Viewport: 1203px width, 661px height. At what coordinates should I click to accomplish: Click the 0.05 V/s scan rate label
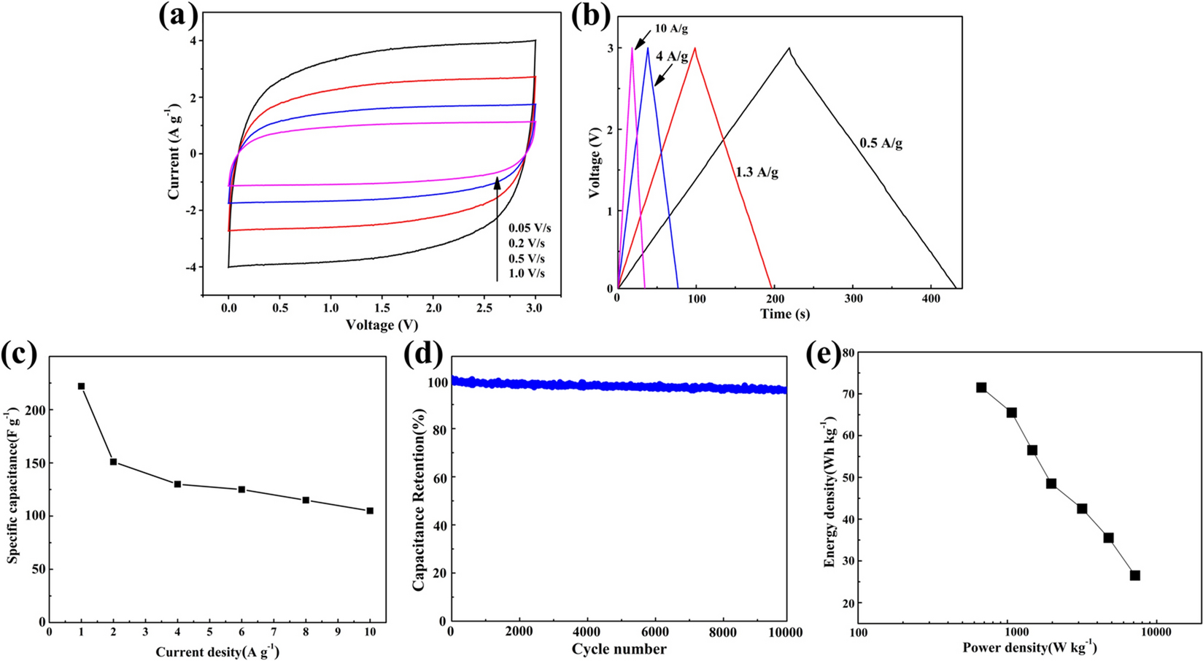530,228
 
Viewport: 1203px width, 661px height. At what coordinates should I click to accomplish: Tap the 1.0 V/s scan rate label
527,274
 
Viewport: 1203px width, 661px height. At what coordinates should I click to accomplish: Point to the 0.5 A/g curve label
881,144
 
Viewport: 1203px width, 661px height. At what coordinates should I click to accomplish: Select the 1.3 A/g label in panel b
757,173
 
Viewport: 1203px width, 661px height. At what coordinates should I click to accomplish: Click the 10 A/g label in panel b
671,29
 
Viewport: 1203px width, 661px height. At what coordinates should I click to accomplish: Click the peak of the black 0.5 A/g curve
789,48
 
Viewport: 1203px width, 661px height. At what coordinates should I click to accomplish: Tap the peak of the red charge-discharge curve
695,48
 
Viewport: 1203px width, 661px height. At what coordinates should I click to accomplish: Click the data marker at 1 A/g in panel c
81,386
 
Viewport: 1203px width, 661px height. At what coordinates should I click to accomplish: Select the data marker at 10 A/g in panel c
370,511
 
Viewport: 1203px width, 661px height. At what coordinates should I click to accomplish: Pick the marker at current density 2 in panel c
113,462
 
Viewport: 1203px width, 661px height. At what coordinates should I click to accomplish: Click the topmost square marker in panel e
981,387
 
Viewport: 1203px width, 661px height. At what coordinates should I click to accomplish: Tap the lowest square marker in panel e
1134,576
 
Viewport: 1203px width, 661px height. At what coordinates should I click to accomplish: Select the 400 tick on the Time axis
931,298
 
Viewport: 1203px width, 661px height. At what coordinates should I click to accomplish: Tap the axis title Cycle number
619,649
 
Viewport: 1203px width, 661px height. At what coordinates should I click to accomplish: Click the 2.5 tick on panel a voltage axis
484,309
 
